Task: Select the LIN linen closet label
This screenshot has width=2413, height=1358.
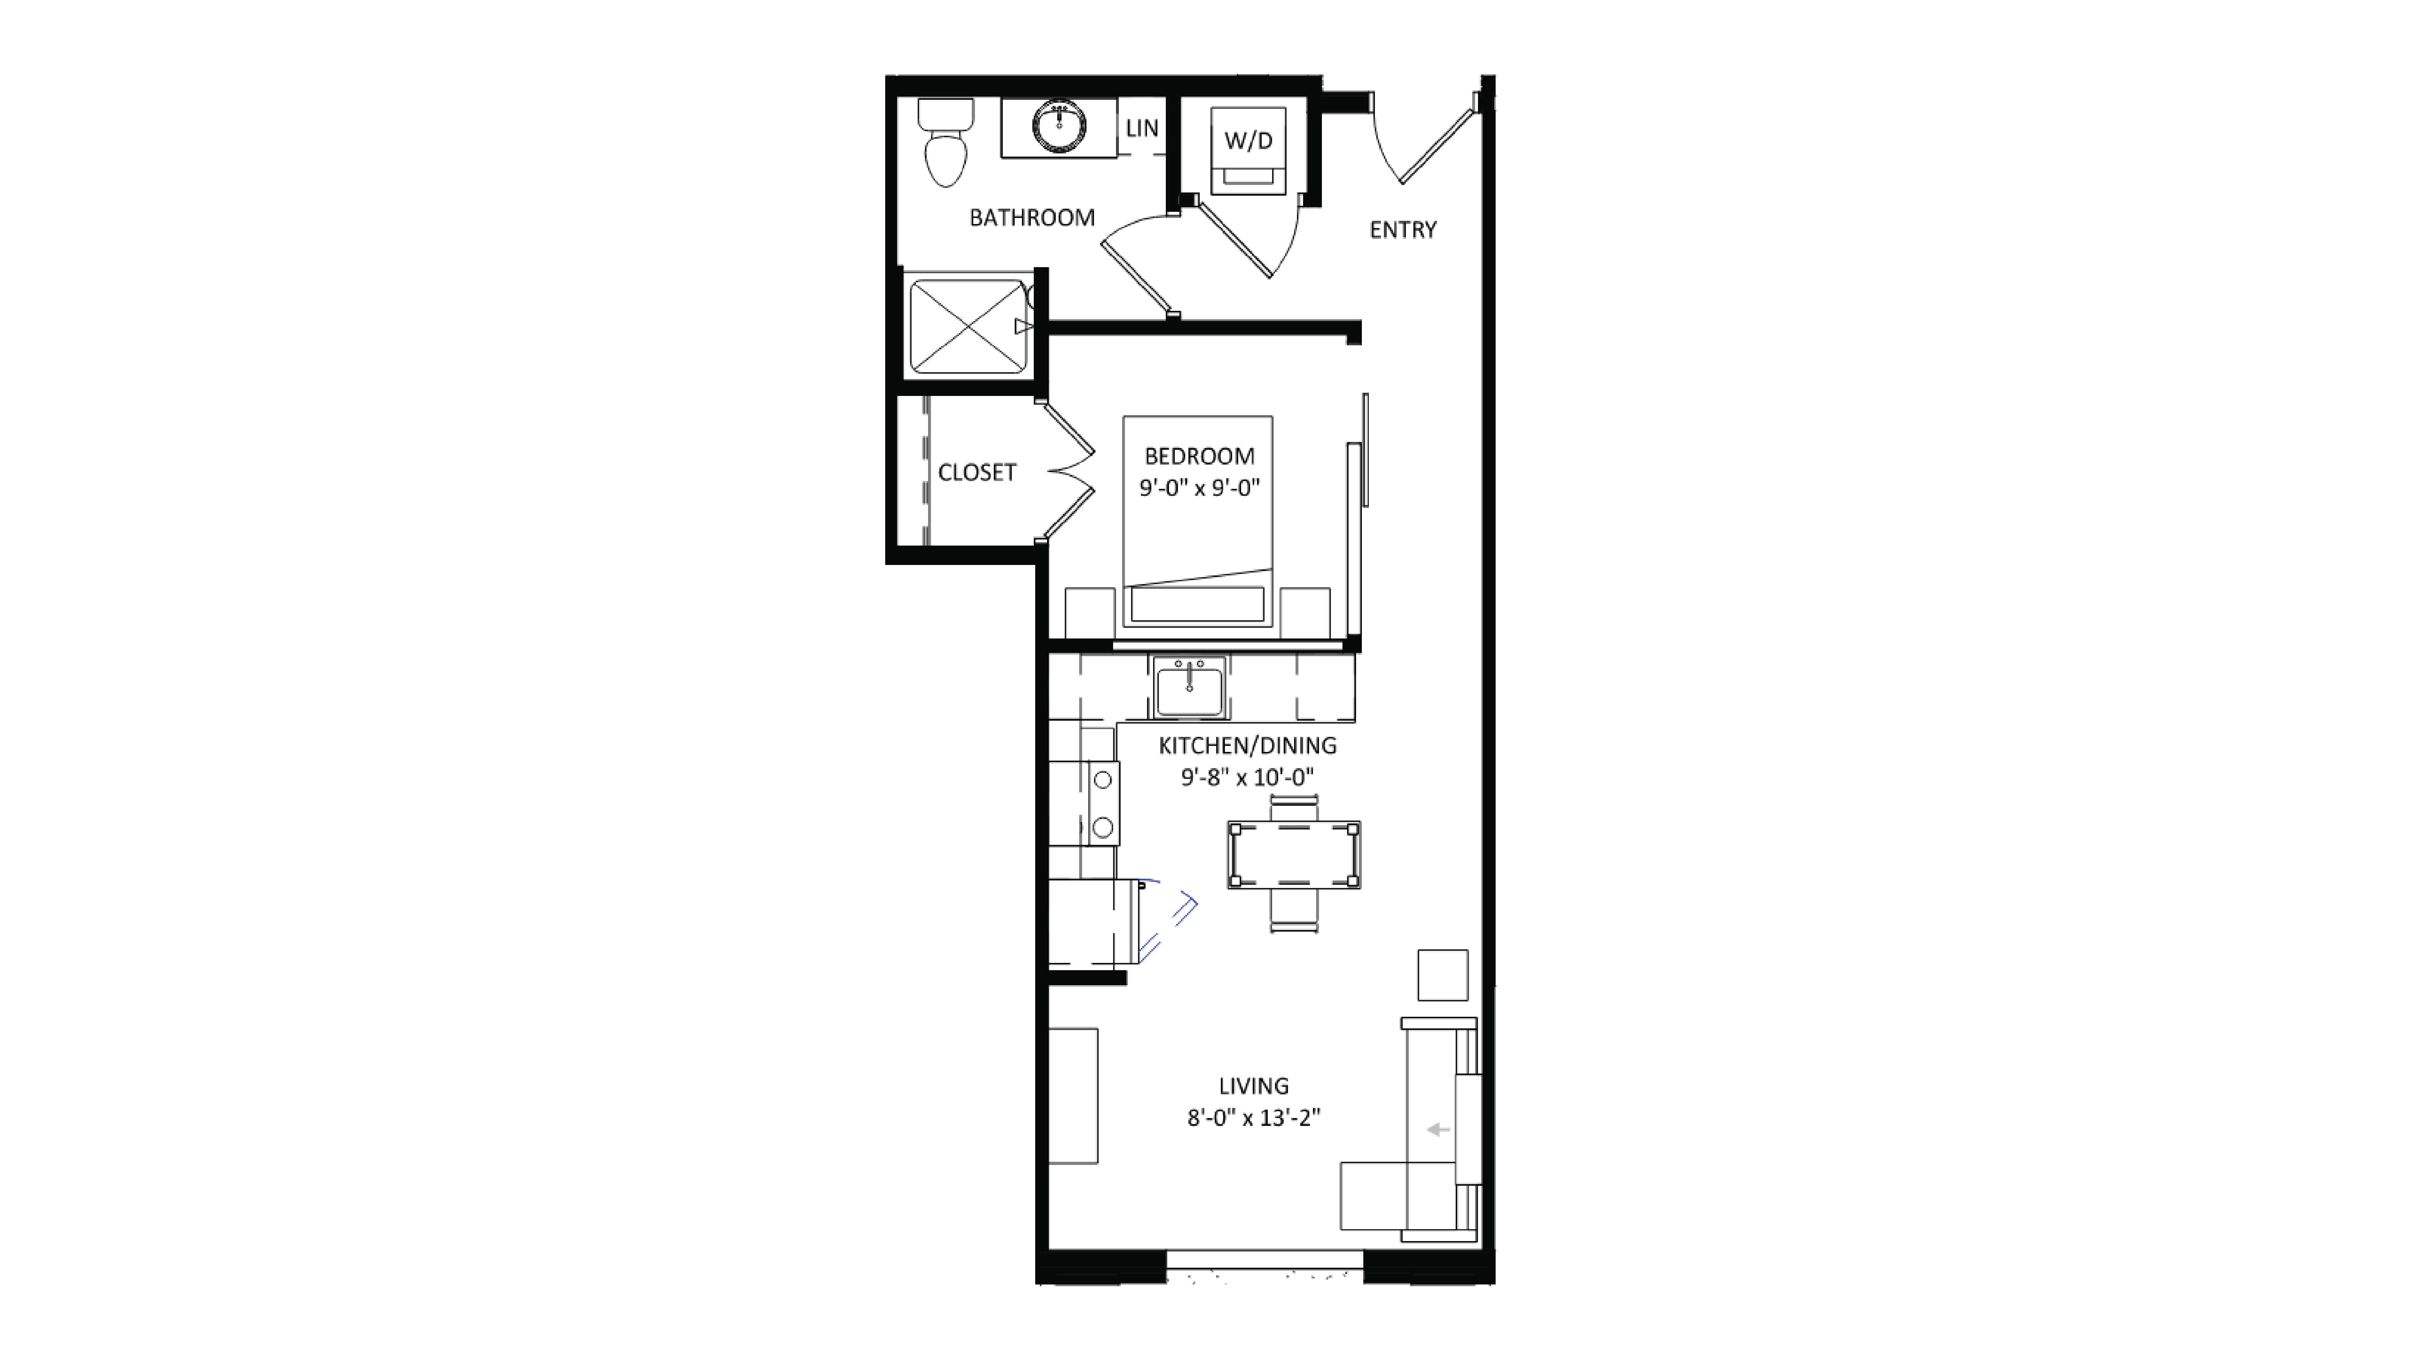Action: click(x=1141, y=128)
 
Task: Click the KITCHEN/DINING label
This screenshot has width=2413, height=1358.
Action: click(x=1247, y=746)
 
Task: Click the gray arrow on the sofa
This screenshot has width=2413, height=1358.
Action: click(x=1437, y=1131)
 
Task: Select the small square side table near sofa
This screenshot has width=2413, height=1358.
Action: click(x=1441, y=975)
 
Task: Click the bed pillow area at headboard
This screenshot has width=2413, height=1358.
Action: click(x=1197, y=604)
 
